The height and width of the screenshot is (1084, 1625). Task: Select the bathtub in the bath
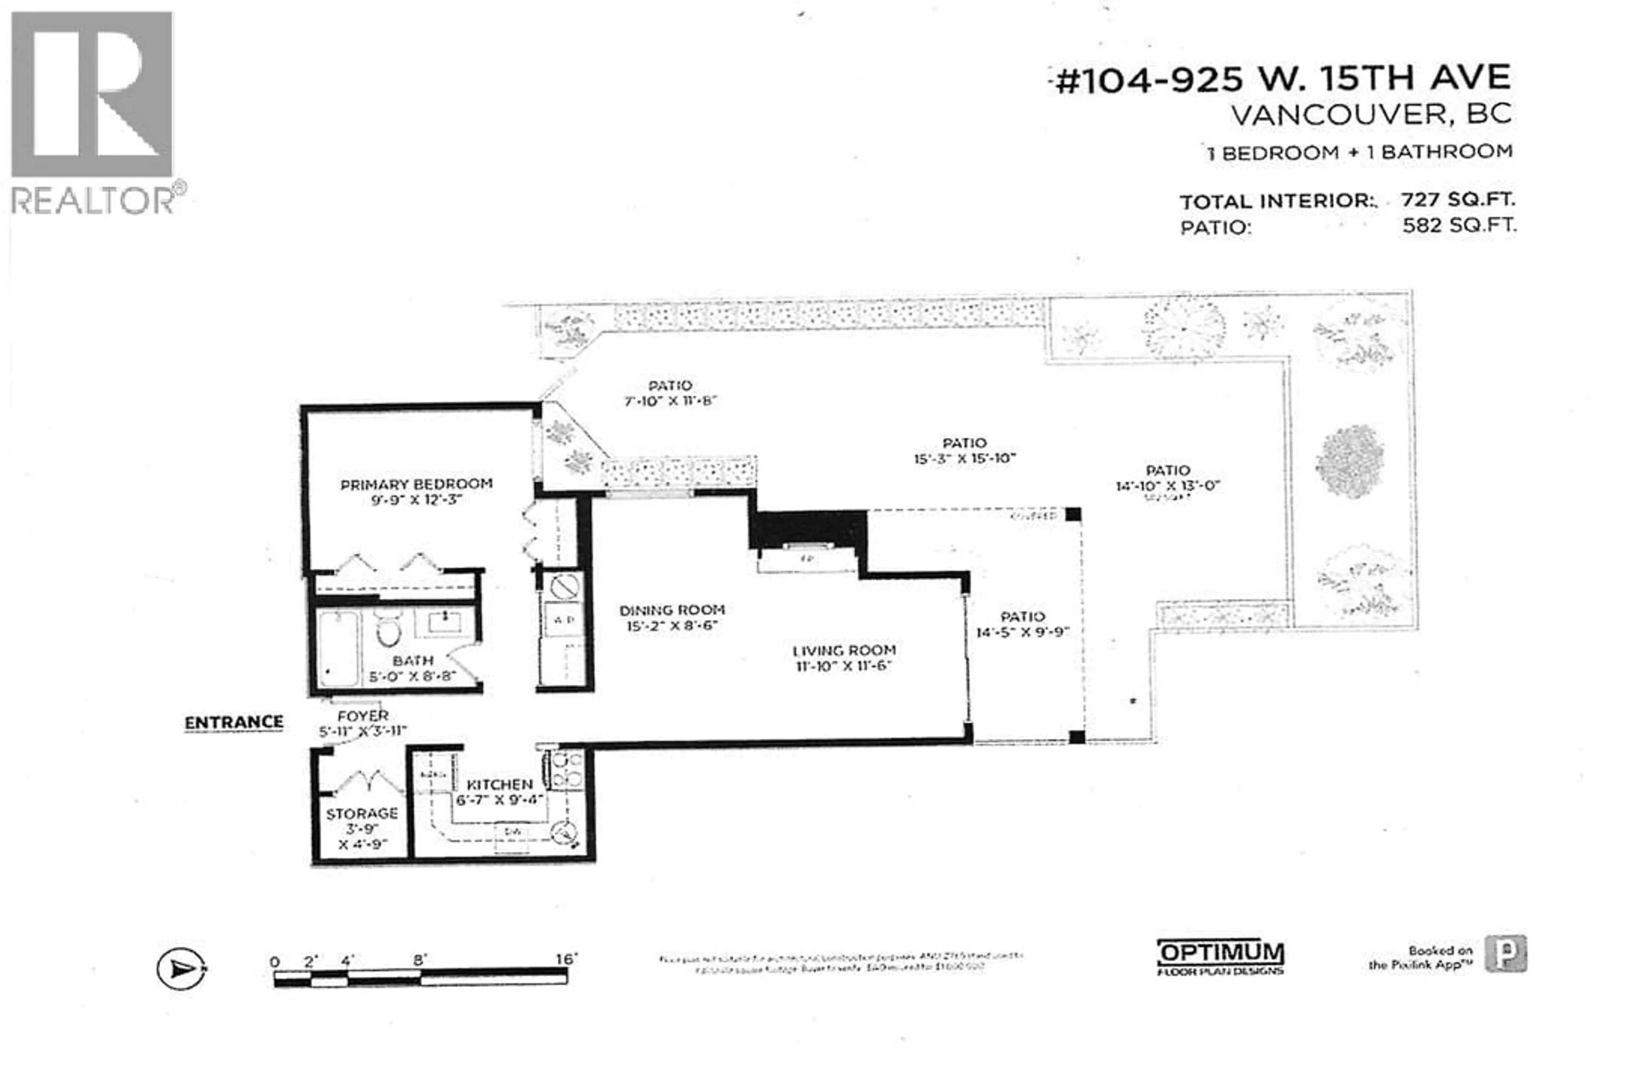point(338,648)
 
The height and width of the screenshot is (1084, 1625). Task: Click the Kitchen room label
point(499,785)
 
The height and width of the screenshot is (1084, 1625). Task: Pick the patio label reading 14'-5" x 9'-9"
point(1022,632)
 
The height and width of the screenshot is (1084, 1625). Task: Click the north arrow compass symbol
point(181,968)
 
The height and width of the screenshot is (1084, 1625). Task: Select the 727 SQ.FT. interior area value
point(1458,200)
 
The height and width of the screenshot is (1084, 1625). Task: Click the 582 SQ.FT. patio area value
point(1459,225)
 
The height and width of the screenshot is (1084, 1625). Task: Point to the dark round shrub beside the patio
point(1350,461)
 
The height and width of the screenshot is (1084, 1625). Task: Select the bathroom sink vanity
point(445,622)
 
